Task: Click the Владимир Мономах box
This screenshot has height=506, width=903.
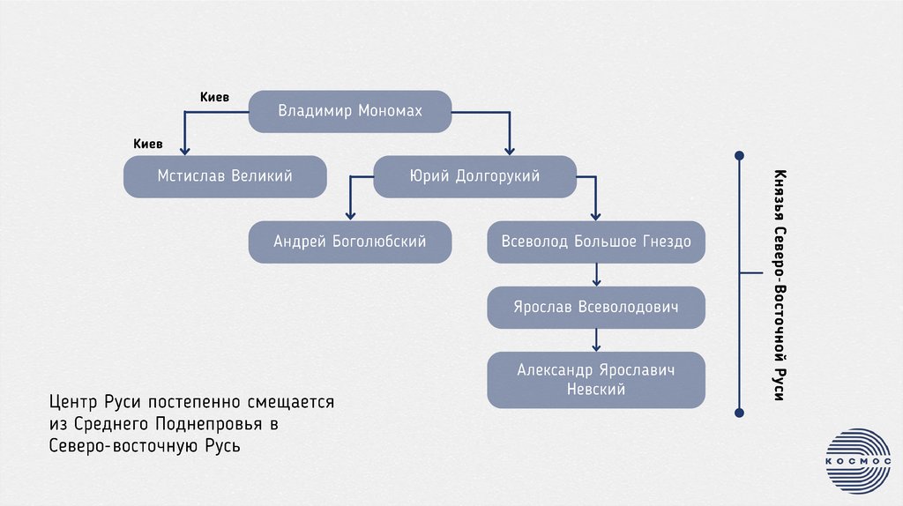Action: tap(350, 111)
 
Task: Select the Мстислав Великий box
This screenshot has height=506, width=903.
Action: tap(225, 176)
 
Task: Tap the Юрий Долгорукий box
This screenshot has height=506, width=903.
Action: tap(474, 176)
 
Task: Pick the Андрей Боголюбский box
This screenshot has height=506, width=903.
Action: tap(350, 242)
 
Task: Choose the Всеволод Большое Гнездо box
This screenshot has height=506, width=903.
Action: tap(596, 242)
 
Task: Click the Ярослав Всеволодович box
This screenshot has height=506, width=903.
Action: tap(596, 307)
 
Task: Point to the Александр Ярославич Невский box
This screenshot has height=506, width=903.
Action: tap(596, 380)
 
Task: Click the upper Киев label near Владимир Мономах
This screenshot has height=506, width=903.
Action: tap(214, 98)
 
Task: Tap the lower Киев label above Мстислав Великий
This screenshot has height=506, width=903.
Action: tap(147, 143)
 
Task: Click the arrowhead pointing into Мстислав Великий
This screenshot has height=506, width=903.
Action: tap(184, 151)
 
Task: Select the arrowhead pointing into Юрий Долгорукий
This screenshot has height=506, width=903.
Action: tap(510, 151)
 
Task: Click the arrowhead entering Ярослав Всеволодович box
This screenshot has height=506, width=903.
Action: tap(596, 281)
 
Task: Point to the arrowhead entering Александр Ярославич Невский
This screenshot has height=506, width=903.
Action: tap(596, 346)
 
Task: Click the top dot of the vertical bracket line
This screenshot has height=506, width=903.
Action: tap(739, 157)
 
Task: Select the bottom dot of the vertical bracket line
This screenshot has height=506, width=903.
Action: tap(739, 411)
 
